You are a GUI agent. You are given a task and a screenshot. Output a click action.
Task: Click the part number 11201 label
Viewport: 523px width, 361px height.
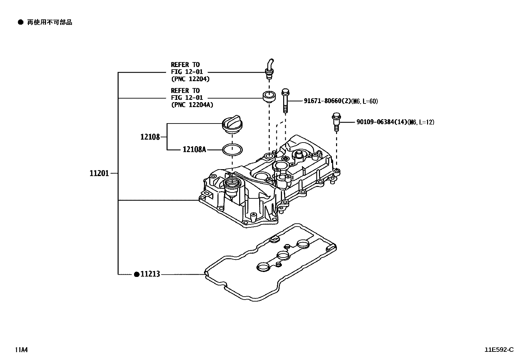pos(99,173)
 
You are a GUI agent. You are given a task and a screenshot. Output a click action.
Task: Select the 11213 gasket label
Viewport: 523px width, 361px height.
pos(150,274)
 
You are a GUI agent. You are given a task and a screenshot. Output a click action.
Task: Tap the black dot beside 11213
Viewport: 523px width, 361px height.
pos(137,274)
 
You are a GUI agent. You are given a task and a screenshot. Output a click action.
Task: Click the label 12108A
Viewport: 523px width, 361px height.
pos(194,149)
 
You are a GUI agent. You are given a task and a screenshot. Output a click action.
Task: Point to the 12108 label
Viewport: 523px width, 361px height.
pos(150,137)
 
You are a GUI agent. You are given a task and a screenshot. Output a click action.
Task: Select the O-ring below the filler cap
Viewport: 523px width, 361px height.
pos(233,149)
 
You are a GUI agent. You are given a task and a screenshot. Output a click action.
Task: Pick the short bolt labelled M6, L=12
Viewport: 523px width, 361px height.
pos(336,122)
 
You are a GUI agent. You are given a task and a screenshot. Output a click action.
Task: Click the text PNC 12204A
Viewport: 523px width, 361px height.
pos(192,105)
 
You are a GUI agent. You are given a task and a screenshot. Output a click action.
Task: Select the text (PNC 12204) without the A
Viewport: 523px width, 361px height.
pos(190,79)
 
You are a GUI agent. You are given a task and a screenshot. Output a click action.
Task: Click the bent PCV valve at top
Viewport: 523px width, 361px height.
pos(269,69)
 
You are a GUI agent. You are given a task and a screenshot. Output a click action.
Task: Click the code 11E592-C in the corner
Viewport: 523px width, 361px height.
pos(499,350)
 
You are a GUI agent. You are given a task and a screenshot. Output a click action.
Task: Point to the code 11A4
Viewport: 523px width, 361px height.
pos(21,350)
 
